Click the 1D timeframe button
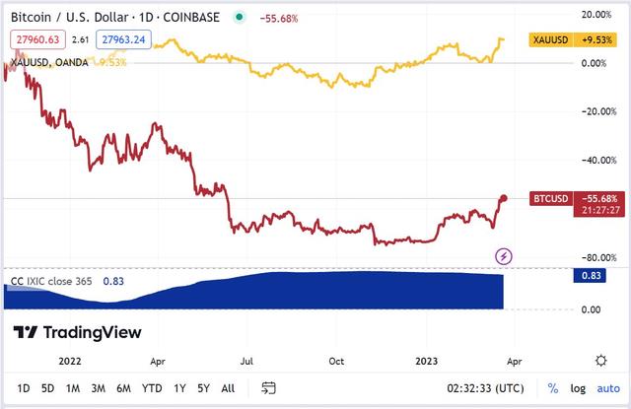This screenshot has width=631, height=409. coord(24,387)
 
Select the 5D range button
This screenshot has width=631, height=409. coord(47,387)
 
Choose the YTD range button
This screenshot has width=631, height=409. coord(152,387)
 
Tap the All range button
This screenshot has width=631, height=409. coord(228,387)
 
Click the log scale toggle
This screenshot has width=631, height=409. coord(577,387)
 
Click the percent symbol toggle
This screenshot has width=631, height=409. coord(553,387)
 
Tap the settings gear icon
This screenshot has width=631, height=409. coord(600,360)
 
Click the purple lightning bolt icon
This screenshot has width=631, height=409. coord(504,256)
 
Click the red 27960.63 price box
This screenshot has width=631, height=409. coord(35,39)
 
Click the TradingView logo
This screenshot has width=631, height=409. coord(77,332)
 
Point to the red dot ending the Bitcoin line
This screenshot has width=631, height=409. coord(504,198)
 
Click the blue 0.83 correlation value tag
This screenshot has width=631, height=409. coord(588,277)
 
